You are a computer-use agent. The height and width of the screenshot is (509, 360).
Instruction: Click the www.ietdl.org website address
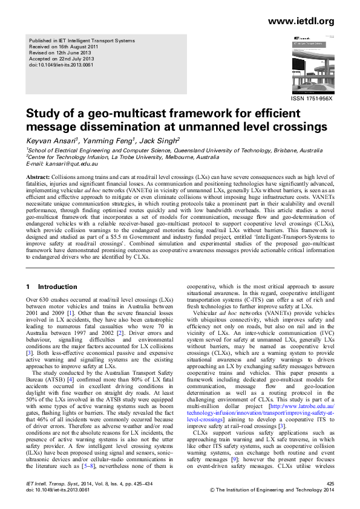pyautogui.click(x=301, y=21)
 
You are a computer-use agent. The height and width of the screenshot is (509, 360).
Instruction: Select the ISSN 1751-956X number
pyautogui.click(x=312, y=98)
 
